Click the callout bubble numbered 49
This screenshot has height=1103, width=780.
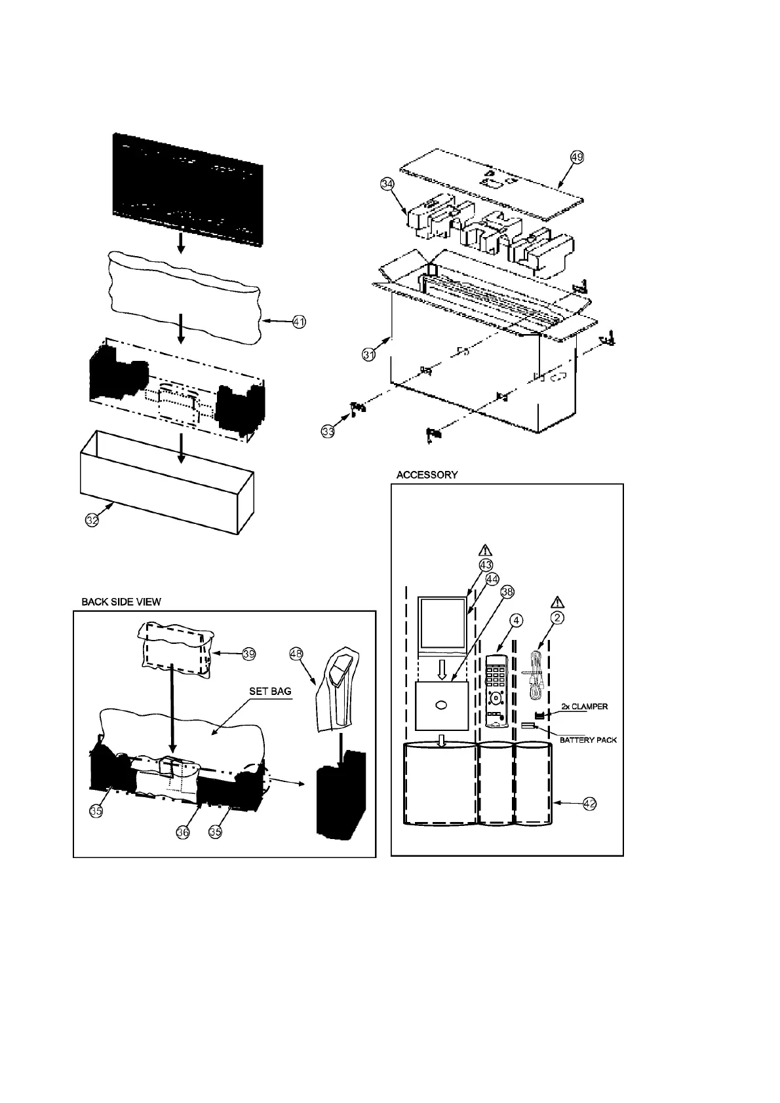click(577, 157)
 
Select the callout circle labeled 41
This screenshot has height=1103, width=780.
click(299, 322)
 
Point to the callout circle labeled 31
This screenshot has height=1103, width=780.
click(369, 354)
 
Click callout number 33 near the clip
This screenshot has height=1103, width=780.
click(328, 431)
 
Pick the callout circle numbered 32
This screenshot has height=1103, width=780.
click(92, 521)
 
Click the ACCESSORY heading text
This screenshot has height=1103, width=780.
click(427, 475)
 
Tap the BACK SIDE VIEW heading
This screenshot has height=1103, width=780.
click(121, 602)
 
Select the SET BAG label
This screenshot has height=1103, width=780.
click(270, 691)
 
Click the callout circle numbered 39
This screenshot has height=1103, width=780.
click(248, 654)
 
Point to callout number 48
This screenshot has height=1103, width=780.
click(296, 654)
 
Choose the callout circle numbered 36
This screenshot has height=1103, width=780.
click(184, 832)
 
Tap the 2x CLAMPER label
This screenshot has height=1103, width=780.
click(585, 707)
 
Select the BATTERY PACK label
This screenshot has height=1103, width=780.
click(588, 739)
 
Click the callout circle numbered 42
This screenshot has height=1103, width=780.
click(589, 804)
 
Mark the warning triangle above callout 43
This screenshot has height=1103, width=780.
click(486, 551)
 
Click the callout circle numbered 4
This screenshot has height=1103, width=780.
click(517, 619)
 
